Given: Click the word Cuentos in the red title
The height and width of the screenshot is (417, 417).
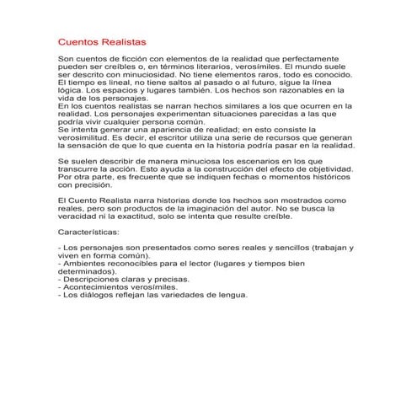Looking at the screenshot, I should pos(78,40).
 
